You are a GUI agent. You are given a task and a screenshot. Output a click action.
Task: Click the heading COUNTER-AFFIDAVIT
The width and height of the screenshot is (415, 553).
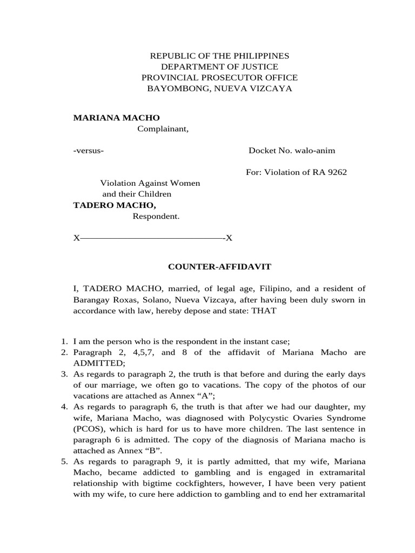coord(219,267)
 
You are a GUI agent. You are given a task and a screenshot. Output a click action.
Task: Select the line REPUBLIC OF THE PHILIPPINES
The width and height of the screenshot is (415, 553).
coord(219,56)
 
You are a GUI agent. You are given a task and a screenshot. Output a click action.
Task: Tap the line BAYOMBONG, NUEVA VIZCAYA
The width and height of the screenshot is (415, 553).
coord(219,89)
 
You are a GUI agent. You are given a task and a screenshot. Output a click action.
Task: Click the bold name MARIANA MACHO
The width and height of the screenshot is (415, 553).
coord(116,118)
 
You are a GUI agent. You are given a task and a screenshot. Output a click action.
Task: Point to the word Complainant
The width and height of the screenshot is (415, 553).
coord(163,129)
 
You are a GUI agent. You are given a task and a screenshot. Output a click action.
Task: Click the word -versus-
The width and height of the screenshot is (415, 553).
coord(89,151)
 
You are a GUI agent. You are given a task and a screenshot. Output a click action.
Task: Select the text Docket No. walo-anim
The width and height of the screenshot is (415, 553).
coord(292,151)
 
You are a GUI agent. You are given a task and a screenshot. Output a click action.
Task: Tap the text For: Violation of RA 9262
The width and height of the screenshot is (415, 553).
coord(296,172)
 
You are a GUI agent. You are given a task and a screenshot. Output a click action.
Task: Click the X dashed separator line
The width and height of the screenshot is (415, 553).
coord(153,238)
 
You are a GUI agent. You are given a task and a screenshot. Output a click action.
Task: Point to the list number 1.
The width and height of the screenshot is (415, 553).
coord(63,341)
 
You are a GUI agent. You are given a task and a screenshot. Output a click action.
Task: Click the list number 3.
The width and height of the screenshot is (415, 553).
coord(63,374)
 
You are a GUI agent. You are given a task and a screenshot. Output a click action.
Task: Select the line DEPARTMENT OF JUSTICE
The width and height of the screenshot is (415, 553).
coord(219,67)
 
